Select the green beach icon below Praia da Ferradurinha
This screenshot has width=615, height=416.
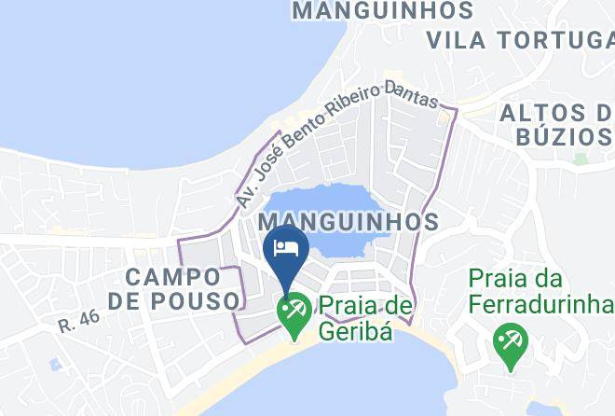(510, 342)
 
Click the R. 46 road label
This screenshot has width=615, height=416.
(78, 321)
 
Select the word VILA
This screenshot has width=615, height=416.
(457, 40)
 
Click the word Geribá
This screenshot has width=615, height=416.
(354, 329)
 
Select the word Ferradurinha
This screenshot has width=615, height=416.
(540, 303)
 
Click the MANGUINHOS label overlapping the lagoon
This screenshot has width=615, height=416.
(348, 222)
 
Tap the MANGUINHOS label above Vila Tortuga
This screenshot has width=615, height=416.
(382, 11)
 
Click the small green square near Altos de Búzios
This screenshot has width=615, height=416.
(581, 159)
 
